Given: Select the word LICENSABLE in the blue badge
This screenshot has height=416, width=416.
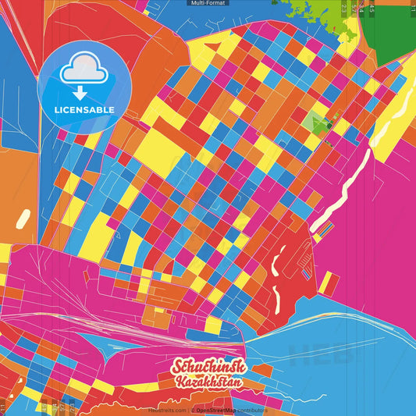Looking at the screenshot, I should pyautogui.click(x=84, y=110).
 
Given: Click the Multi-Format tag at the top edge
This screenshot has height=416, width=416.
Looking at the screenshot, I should pyautogui.click(x=208, y=3).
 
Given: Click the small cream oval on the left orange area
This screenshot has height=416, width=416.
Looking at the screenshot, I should pyautogui.click(x=23, y=218).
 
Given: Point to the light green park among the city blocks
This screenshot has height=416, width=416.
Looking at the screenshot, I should pyautogui.click(x=315, y=121).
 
